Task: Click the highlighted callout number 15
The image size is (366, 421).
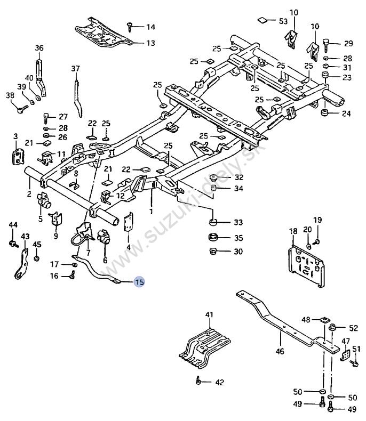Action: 140,282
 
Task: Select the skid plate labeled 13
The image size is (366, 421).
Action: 104,34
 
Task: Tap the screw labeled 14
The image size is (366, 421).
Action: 130,27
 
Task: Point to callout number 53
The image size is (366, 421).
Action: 283,21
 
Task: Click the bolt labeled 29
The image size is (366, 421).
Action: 326,44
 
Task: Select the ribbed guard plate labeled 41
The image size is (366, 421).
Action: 205,348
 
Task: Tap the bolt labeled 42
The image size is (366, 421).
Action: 198,380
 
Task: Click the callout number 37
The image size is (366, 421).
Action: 76,68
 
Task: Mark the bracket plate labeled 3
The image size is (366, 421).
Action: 18,157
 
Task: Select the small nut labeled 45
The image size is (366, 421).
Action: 37,259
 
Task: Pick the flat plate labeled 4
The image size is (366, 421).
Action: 129,222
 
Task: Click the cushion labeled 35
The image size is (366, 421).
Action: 213,238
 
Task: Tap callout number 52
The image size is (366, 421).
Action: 353,328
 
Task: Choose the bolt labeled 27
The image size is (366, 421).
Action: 46,118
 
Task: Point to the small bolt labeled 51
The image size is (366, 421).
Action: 355,363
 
